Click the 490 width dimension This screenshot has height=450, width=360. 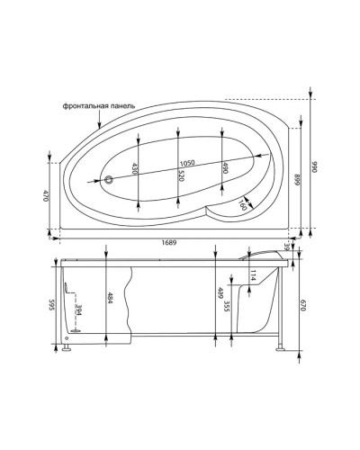[x=223, y=168]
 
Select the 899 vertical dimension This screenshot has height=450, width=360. [x=296, y=181]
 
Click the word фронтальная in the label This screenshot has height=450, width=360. [x=88, y=106]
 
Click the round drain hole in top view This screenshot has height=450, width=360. [x=109, y=180]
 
